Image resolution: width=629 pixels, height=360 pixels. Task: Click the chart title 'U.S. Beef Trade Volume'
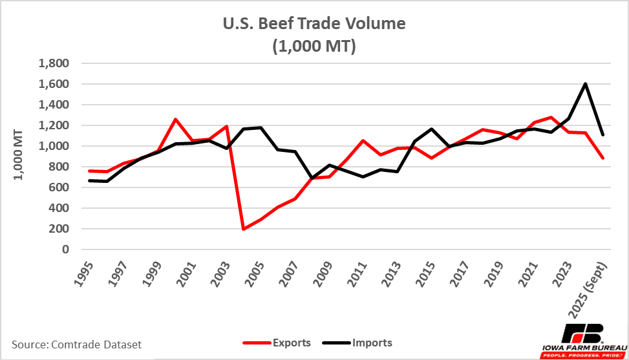coord(315,24)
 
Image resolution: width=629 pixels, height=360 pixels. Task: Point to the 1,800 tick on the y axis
coord(54,63)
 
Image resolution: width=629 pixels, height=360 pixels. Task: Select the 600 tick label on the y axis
coord(59,187)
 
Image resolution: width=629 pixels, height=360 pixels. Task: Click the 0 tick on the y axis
coord(64,249)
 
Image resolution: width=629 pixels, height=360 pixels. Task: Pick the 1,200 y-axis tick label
coord(54,125)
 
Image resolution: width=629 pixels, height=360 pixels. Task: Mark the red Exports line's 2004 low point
coord(243,229)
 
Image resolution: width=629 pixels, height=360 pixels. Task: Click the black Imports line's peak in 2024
coord(585,83)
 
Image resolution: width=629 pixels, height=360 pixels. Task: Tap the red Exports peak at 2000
coord(175,119)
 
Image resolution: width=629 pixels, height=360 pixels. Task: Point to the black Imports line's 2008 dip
coord(312,178)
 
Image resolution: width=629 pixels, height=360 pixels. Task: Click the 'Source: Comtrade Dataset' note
coord(77,344)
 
